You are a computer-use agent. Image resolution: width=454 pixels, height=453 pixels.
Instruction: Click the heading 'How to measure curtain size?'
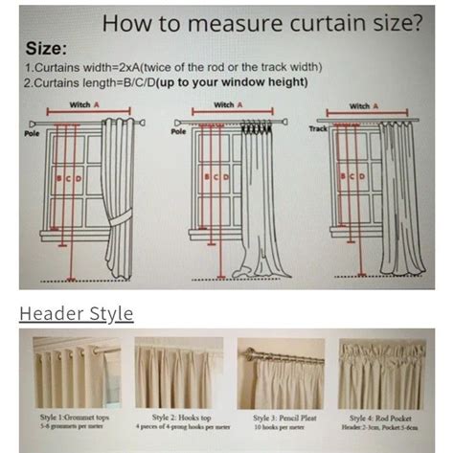[x=261, y=21]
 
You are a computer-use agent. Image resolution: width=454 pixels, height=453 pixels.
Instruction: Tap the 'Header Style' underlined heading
[x=77, y=313]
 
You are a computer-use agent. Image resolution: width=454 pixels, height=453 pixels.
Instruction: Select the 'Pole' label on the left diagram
[x=32, y=133]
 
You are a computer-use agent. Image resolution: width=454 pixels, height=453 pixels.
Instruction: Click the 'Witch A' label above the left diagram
[x=80, y=104]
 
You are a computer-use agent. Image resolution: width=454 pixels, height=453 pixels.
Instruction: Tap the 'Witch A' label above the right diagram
[x=360, y=105]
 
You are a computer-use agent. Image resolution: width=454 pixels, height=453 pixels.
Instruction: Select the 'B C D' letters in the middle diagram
[x=215, y=177]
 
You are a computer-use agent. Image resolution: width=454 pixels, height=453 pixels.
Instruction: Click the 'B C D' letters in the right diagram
[x=354, y=177]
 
